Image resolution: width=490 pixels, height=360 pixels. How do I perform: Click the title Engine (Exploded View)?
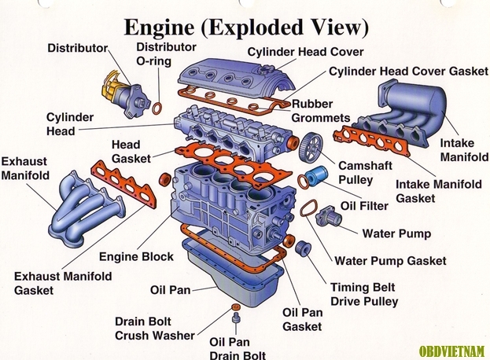(245, 27)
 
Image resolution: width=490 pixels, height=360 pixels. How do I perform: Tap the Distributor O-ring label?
(165, 53)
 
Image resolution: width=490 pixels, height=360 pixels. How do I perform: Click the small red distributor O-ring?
(158, 106)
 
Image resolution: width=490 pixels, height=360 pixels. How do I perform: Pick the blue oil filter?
(316, 176)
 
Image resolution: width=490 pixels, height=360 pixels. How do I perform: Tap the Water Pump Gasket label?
(390, 261)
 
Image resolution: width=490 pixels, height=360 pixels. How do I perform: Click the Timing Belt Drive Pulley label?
(364, 294)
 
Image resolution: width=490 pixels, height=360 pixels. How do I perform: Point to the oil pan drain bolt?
(235, 318)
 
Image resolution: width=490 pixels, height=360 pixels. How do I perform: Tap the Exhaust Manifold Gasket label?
(63, 283)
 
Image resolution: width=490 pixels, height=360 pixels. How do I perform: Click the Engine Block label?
(136, 257)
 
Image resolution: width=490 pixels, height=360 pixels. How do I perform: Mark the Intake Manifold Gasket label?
(438, 191)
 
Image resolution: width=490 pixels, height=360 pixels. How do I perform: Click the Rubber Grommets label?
(320, 111)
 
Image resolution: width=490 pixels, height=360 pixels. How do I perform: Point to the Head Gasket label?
(126, 152)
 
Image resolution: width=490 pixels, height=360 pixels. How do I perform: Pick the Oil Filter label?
(364, 206)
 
